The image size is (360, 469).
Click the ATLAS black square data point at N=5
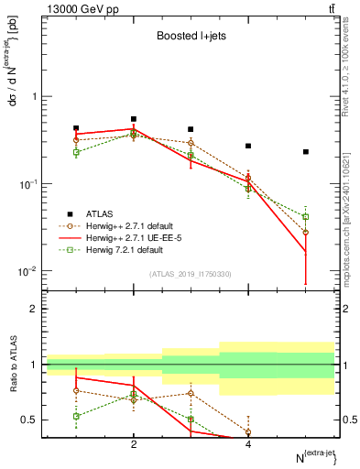(306, 152)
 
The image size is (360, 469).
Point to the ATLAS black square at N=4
(248, 146)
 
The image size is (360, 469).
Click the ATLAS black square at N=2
(134, 119)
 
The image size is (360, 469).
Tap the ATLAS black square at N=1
(76, 128)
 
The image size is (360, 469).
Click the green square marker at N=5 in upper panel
(306, 217)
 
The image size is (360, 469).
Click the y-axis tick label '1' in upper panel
(35, 97)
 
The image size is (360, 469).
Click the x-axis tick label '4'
(248, 444)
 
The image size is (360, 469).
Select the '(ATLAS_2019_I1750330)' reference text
(191, 274)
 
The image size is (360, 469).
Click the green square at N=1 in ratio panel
(76, 416)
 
